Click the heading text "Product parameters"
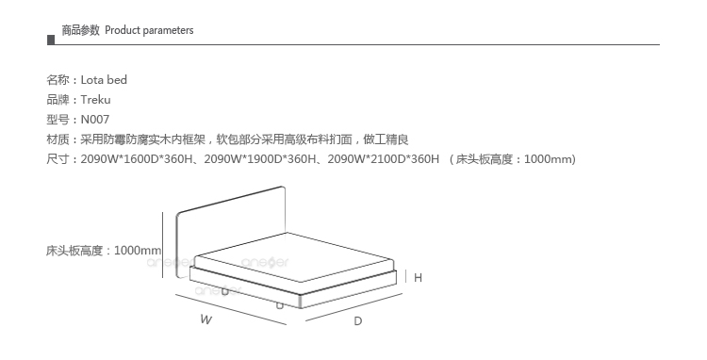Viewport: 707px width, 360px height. [149, 30]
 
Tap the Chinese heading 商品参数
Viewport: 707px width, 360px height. [80, 30]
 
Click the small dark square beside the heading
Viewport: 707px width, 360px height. [51, 41]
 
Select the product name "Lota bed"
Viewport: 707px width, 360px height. [104, 80]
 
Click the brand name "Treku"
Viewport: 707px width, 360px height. [95, 100]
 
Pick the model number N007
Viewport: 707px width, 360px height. [95, 120]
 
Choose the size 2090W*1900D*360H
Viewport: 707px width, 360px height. [260, 159]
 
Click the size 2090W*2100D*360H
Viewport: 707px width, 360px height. [384, 159]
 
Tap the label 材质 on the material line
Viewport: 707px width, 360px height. [58, 139]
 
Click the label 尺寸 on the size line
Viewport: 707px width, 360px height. [58, 159]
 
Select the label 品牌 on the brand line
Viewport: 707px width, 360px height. [58, 100]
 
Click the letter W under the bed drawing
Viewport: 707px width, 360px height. [206, 319]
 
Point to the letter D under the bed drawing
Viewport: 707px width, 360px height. [358, 321]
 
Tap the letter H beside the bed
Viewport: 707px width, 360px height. [418, 278]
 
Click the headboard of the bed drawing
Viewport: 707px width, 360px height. [230, 225]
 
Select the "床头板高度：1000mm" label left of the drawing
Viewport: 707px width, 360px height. [104, 251]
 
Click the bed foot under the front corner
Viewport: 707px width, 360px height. [280, 306]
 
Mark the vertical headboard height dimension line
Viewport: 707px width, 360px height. [163, 245]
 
